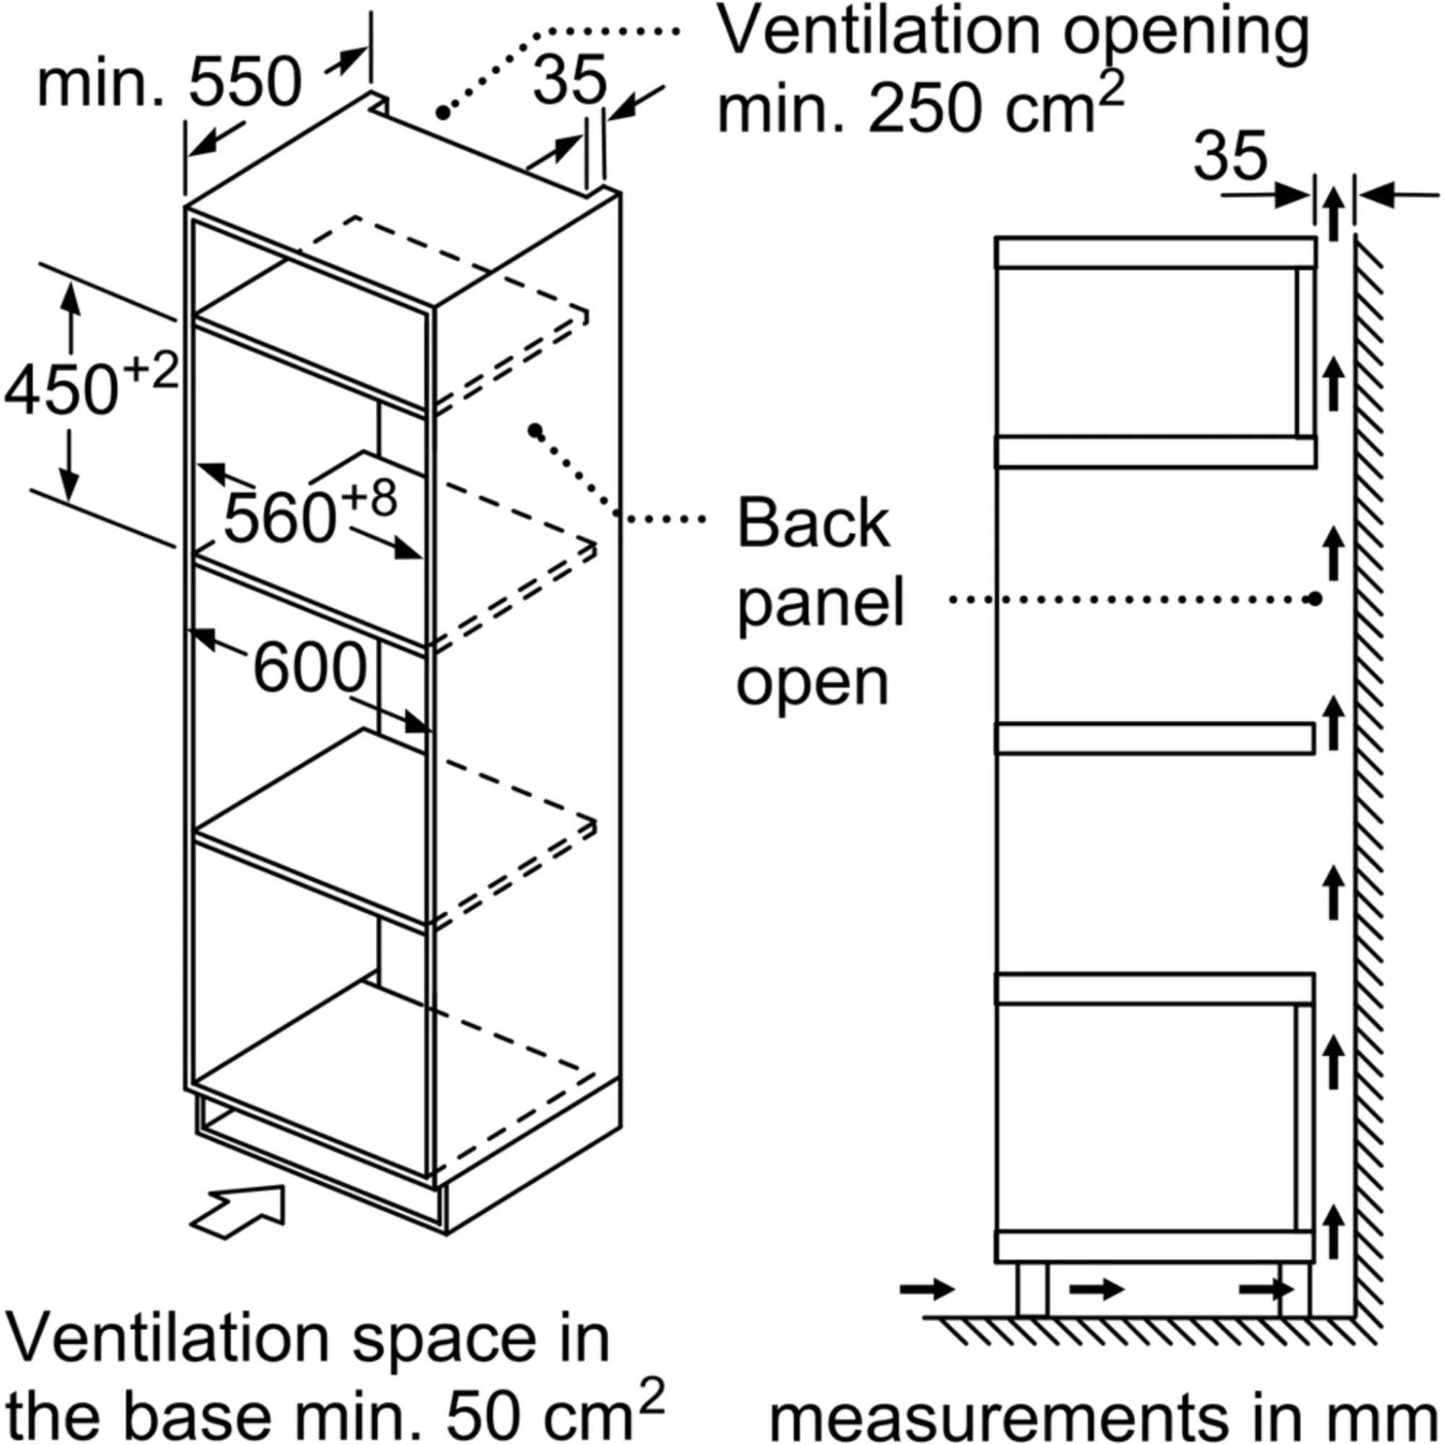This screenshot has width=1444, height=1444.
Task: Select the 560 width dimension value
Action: point(279,517)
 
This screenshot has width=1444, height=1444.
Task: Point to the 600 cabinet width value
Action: point(310,667)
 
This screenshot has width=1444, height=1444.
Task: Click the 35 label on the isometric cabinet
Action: point(569,79)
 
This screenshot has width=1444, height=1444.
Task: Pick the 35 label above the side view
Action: point(1230,156)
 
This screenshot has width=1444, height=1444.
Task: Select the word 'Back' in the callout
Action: point(813,524)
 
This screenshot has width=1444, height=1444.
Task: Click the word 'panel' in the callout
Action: point(821,604)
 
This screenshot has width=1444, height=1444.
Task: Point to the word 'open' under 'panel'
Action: point(812,682)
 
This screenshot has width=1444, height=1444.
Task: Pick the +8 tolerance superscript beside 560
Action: point(370,497)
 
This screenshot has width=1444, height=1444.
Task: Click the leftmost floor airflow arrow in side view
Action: point(927,1289)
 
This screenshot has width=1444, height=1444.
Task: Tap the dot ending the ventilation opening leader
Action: point(443,113)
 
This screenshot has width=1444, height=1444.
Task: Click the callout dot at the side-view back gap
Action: point(1315,599)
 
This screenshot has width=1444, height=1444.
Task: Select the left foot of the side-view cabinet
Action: point(1032,1289)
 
